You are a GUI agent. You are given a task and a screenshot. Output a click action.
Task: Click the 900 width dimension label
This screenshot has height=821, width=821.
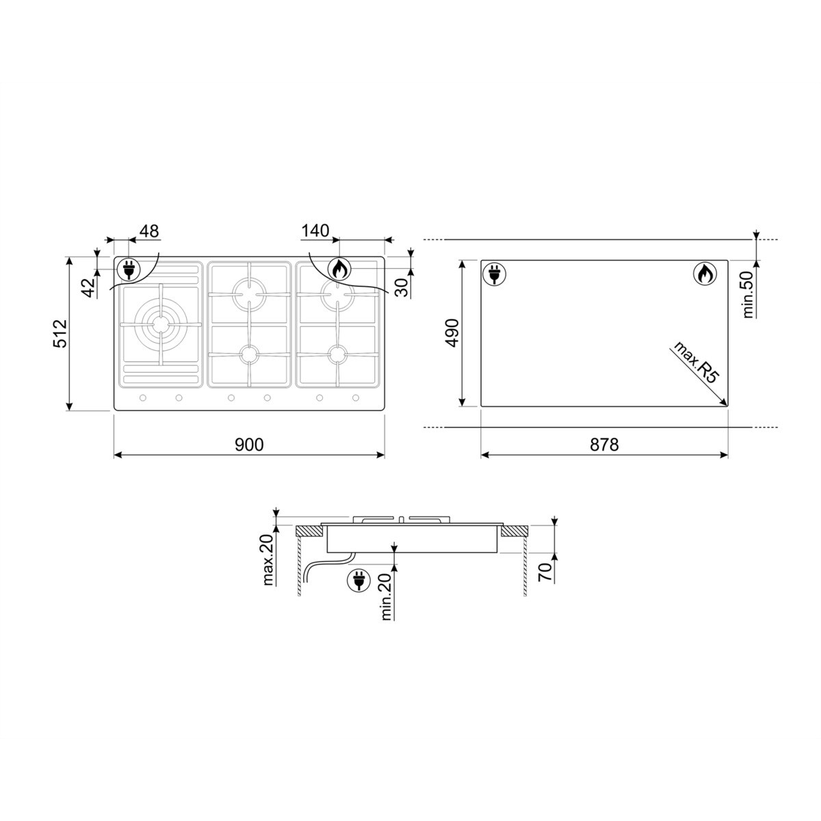(x=249, y=445)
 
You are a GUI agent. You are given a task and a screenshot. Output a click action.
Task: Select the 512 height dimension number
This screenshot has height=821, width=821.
(x=61, y=333)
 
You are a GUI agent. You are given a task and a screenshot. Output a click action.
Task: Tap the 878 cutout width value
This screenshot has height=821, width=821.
(x=604, y=445)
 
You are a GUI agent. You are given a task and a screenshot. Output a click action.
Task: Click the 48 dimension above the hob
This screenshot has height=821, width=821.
(x=148, y=231)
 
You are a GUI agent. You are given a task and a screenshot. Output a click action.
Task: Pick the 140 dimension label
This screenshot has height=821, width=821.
(x=315, y=231)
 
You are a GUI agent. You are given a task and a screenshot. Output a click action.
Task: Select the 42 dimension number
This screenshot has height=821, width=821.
(x=88, y=287)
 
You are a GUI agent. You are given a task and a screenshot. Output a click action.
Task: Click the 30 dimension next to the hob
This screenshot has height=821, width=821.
(x=402, y=287)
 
